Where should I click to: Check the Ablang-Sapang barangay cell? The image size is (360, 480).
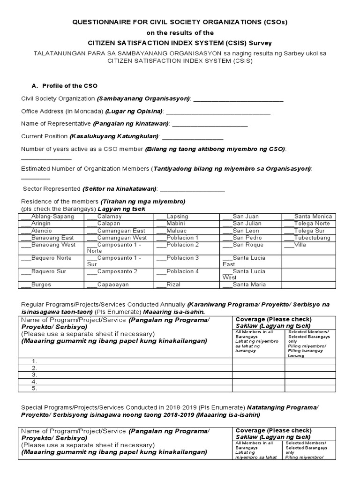pyautogui.click(x=51, y=217)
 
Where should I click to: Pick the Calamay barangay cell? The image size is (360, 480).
pyautogui.click(x=119, y=217)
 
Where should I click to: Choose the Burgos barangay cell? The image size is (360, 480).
pyautogui.click(x=51, y=285)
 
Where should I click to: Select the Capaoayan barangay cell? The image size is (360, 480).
pyautogui.click(x=119, y=285)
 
